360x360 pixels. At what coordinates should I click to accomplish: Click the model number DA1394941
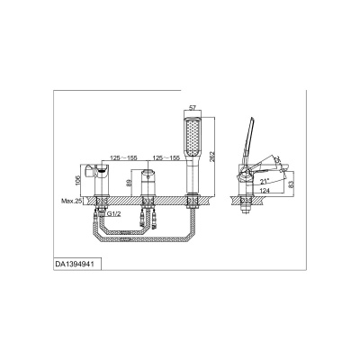(75, 265)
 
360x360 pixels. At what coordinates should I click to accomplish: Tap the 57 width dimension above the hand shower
(193, 107)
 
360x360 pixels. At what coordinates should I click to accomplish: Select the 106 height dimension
(77, 180)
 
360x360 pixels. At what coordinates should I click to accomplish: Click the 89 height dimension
(129, 183)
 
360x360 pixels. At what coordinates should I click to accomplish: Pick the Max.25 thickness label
(71, 201)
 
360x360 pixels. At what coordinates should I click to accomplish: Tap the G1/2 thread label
(114, 214)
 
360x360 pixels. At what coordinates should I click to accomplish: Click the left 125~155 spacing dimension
(123, 157)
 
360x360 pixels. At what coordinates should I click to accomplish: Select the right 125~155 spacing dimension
(166, 157)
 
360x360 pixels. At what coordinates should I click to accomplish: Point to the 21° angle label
(265, 181)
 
